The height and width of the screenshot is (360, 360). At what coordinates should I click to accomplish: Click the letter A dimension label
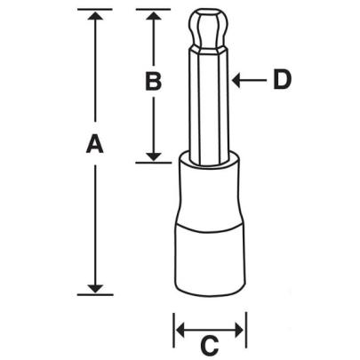[x=94, y=145]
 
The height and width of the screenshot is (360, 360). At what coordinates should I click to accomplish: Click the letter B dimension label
[x=153, y=82]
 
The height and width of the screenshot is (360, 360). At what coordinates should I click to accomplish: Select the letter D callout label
[x=282, y=80]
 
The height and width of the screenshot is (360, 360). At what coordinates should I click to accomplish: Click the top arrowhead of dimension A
[x=94, y=17]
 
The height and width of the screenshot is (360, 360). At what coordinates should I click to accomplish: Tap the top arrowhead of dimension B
[x=153, y=17]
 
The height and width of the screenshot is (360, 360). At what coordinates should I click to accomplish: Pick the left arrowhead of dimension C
[x=180, y=331]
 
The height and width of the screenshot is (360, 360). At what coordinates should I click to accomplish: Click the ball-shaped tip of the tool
[x=208, y=30]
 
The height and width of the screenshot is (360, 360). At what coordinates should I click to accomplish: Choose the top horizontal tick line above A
[x=94, y=10]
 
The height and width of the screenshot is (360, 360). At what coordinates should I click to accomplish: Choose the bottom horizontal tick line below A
[x=94, y=292]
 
